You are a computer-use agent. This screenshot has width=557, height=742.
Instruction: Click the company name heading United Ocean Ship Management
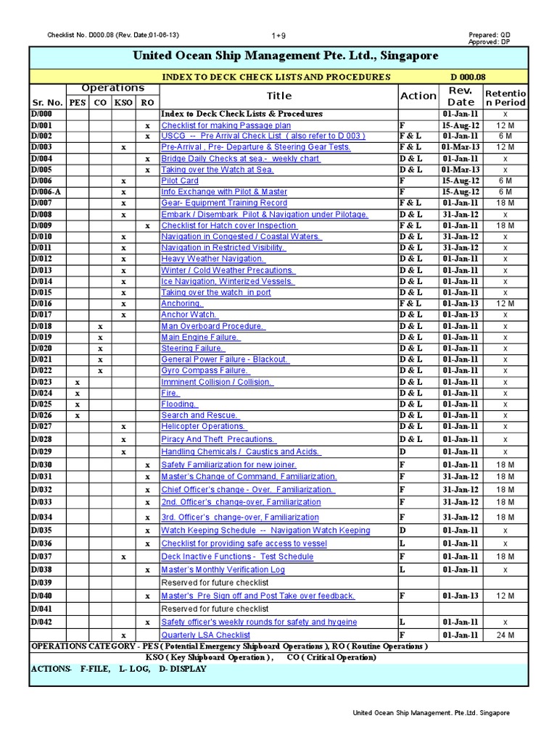[x=286, y=56]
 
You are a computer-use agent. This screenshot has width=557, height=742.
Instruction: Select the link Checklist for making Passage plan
[x=226, y=125]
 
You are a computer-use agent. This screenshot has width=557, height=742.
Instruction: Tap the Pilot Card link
[x=179, y=180]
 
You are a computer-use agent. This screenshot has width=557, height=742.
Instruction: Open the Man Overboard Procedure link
[x=213, y=326]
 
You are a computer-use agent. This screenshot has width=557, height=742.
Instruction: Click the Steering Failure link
[x=192, y=349]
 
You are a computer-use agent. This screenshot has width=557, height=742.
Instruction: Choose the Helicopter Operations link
[x=203, y=427]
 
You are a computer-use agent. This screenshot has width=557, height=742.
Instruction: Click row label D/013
[x=42, y=270]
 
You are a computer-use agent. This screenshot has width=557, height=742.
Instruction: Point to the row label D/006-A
[x=46, y=192]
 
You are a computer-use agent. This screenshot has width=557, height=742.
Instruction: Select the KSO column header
[x=123, y=102]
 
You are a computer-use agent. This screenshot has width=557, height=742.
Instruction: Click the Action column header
[x=418, y=96]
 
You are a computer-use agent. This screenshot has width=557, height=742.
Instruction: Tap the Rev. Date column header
[x=461, y=96]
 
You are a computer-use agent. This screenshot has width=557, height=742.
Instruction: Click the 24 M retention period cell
[x=506, y=635]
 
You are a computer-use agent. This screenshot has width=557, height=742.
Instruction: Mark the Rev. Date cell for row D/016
[x=461, y=304]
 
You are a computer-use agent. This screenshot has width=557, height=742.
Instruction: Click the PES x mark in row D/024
[x=77, y=393]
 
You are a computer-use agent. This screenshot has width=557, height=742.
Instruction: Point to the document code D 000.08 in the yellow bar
[x=468, y=77]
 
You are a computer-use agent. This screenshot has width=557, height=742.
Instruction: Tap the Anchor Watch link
[x=189, y=315]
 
